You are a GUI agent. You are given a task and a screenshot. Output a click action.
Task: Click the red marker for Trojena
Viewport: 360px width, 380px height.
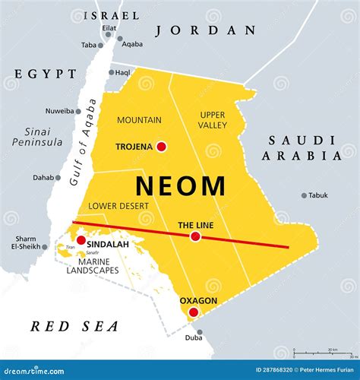[x=160, y=146]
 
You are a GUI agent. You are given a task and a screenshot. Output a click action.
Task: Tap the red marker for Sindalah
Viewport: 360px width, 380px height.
[x=81, y=240]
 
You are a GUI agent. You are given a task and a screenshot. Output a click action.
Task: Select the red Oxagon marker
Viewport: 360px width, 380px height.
[x=194, y=312]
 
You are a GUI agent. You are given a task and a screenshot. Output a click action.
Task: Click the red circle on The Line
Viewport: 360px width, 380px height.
[x=195, y=237]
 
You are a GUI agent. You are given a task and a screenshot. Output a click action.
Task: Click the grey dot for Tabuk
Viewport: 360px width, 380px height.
[x=304, y=195]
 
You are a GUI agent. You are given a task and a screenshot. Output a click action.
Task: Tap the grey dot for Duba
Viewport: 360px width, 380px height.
[x=200, y=331]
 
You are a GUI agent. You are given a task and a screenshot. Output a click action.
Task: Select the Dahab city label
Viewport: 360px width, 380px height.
[x=43, y=178]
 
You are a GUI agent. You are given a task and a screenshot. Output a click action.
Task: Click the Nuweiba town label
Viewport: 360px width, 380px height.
[x=58, y=110]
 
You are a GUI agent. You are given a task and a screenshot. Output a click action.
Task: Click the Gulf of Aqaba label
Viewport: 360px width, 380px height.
[x=81, y=143]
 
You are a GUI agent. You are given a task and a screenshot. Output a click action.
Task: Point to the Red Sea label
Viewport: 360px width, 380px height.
[x=74, y=326]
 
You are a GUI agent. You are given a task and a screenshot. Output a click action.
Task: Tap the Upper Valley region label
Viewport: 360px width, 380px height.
[x=212, y=119]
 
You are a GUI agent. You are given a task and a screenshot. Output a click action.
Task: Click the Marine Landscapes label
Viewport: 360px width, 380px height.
[x=93, y=265]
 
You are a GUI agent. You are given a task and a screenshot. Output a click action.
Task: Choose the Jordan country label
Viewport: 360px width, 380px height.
[x=205, y=30]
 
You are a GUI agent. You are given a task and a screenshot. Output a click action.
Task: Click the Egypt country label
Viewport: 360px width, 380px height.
[x=45, y=74]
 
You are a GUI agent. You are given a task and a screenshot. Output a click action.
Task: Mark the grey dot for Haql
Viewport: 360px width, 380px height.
[x=111, y=73]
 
